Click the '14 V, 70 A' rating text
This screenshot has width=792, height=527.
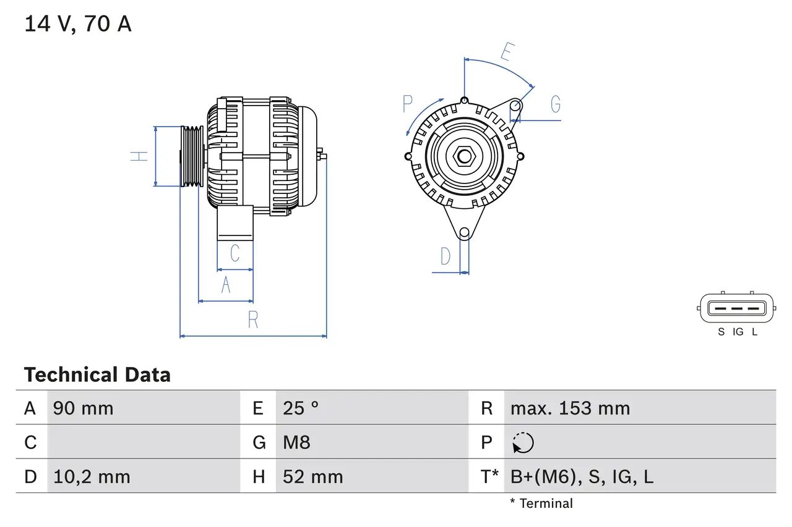(78, 24)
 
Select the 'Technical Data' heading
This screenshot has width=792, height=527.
(97, 374)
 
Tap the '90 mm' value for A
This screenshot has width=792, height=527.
(84, 408)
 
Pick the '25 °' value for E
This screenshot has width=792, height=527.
(301, 408)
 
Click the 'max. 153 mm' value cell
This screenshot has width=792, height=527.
(570, 408)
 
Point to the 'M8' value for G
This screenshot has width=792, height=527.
(296, 442)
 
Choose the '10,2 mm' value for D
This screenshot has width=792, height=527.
(92, 476)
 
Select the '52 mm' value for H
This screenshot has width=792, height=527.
(312, 476)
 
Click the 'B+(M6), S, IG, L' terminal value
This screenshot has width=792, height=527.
(582, 476)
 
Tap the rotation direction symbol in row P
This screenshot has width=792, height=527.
(523, 442)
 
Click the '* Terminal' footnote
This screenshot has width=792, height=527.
(541, 503)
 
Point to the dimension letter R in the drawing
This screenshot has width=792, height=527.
(253, 319)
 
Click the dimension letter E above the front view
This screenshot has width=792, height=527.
(506, 52)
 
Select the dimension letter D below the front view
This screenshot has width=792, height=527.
(445, 256)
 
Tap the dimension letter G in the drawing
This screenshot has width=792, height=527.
(555, 104)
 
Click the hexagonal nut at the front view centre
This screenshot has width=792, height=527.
(464, 156)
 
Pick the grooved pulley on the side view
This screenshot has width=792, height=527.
(192, 156)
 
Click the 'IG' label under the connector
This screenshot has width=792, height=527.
(738, 332)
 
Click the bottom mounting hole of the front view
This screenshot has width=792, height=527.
(464, 232)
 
